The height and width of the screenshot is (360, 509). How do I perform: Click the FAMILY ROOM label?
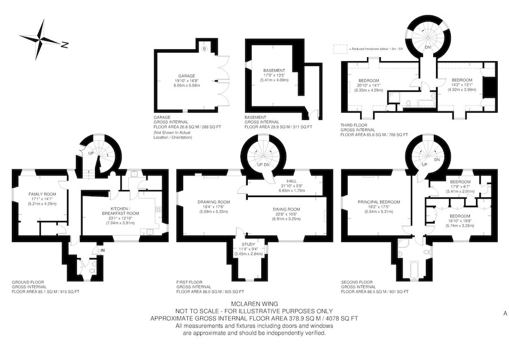(40, 194)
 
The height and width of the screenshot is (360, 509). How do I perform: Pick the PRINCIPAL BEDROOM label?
(378, 202)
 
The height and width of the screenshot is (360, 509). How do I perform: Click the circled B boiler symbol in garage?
(204, 49)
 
